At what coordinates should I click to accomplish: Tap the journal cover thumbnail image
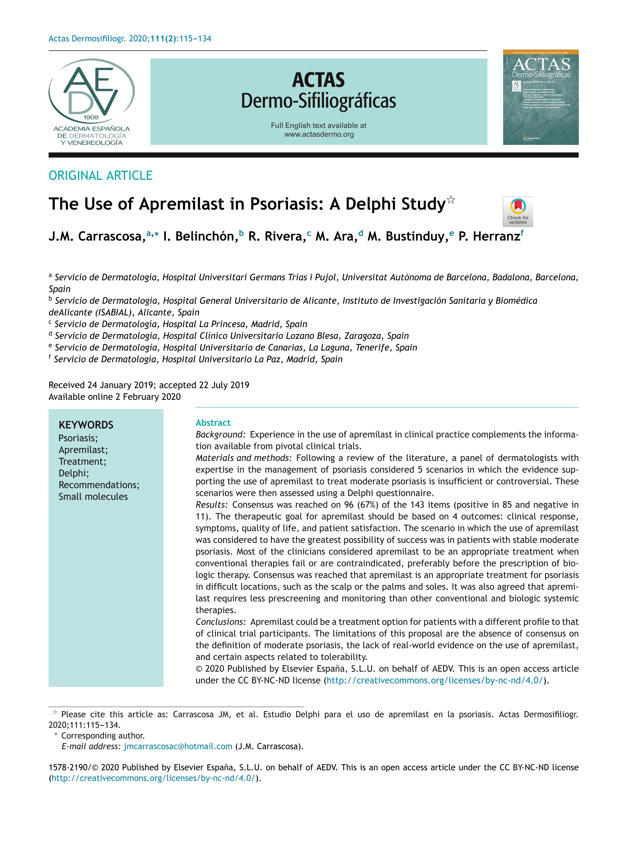tap(541, 97)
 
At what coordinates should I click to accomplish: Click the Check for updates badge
tap(518, 212)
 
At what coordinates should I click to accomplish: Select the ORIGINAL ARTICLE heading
tap(101, 176)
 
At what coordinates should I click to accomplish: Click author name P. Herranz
tap(489, 236)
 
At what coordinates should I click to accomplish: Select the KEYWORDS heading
tap(86, 425)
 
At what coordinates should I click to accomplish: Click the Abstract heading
tap(213, 423)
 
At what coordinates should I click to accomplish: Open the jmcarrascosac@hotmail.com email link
tap(178, 746)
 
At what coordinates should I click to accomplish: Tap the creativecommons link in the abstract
tap(434, 681)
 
